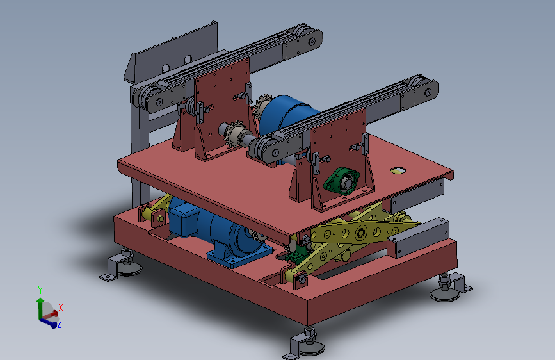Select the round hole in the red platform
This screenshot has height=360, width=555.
(x=398, y=171)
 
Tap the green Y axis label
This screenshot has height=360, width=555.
(x=40, y=290)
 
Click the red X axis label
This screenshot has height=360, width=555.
(x=61, y=307)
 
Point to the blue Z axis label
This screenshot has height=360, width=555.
(x=59, y=323)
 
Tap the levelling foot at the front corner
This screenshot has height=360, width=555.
(x=305, y=345)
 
